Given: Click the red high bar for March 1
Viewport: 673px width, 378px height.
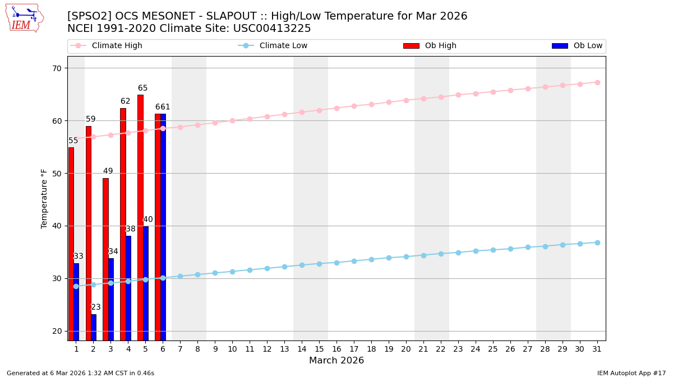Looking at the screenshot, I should tap(71, 244).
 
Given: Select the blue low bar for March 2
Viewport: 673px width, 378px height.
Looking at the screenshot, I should tap(94, 327).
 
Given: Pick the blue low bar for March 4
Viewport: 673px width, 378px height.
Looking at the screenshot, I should tap(128, 288).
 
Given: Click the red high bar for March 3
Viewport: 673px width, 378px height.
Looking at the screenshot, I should tap(105, 259).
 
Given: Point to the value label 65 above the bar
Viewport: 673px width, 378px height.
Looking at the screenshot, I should tap(143, 88).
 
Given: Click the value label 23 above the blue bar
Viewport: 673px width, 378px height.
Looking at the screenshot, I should tap(96, 307).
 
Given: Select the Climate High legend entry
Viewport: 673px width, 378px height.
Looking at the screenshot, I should tap(117, 46).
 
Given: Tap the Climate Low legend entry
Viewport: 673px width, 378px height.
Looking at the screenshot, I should tap(283, 46).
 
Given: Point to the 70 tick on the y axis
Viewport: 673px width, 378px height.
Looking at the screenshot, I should tap(57, 68).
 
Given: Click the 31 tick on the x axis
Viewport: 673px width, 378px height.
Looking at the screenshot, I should tap(597, 349).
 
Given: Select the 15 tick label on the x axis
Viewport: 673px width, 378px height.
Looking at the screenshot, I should tap(319, 349).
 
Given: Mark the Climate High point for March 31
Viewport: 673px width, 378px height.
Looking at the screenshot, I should tap(597, 82).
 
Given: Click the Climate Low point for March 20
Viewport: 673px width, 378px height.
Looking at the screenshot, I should tap(406, 256).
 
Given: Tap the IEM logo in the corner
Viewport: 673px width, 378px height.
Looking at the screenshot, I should tap(24, 17).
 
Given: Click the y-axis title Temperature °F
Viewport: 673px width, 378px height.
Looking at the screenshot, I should tap(45, 198).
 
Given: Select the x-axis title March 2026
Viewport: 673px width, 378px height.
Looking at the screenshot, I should tap(336, 361).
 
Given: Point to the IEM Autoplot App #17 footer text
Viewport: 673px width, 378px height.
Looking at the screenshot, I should tap(631, 373).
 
